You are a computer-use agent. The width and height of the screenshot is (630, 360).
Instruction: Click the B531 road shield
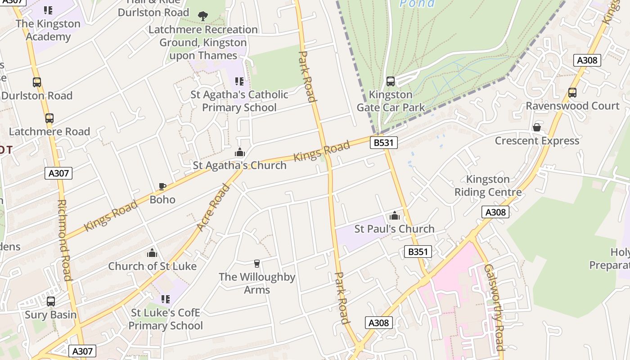tap(384, 143)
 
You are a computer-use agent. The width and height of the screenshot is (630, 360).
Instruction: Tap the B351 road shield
tap(418, 252)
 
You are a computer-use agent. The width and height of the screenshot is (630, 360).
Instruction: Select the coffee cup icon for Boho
tap(162, 186)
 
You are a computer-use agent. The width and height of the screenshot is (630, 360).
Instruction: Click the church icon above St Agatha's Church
tap(240, 152)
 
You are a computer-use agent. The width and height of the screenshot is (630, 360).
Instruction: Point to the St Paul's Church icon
tap(395, 216)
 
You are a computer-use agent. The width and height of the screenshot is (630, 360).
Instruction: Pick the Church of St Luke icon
tap(152, 253)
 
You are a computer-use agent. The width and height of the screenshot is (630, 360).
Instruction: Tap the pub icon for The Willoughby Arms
tap(257, 264)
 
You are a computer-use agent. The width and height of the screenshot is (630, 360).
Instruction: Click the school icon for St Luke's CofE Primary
tap(166, 299)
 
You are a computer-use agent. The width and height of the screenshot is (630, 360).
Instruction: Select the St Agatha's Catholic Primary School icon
tap(239, 81)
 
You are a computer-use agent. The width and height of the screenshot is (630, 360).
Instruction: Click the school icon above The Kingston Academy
tap(48, 10)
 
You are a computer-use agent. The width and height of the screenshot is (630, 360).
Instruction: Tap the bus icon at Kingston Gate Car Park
tap(391, 81)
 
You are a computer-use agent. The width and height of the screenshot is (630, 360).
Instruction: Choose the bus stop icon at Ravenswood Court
tap(572, 93)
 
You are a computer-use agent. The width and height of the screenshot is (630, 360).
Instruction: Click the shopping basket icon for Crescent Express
tap(536, 128)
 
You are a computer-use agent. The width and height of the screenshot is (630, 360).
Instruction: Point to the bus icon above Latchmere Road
tap(49, 118)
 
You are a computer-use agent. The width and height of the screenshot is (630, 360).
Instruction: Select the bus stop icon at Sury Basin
tap(51, 301)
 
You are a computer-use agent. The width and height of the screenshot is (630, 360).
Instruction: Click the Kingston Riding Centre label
tap(488, 186)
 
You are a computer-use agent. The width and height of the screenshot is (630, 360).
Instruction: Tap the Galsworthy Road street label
tap(494, 307)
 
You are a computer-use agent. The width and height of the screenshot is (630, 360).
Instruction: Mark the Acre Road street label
tap(214, 207)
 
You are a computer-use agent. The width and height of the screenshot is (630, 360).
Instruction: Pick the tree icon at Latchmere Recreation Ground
tap(203, 16)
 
